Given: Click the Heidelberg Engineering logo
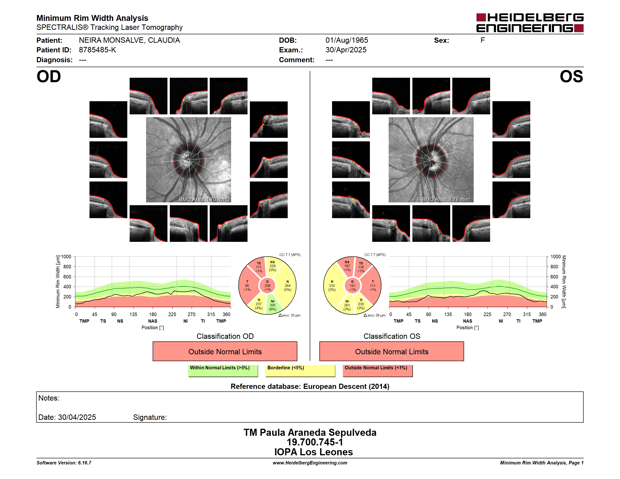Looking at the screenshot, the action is click(x=530, y=23).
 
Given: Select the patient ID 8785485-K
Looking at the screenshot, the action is click(x=97, y=50).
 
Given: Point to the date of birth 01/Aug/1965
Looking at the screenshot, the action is click(x=347, y=40).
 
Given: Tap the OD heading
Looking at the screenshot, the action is click(x=49, y=76).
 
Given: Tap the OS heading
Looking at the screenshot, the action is click(x=571, y=76).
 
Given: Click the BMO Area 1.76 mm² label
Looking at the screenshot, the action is click(x=446, y=200).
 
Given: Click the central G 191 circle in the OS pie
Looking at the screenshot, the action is click(x=352, y=286).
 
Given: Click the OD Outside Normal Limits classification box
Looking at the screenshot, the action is click(x=225, y=351).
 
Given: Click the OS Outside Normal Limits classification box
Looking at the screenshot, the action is click(x=391, y=351).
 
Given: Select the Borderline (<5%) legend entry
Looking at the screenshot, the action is click(x=300, y=371).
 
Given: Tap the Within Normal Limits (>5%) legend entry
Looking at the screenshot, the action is click(x=223, y=371).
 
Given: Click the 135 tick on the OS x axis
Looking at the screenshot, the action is click(x=448, y=314).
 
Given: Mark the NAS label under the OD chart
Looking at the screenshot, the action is click(x=153, y=321).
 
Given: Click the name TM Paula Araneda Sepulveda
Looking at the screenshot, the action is click(x=310, y=433).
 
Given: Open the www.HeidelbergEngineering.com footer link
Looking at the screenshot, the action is click(x=310, y=463).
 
